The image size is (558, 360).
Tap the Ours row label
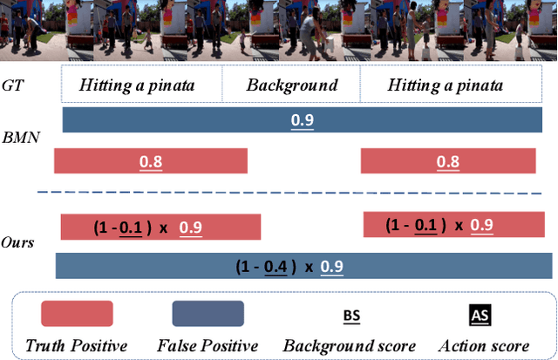[x=18, y=240]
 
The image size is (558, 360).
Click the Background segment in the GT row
[x=291, y=85]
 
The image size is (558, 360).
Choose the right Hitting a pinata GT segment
[x=445, y=85]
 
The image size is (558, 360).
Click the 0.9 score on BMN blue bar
[x=303, y=119]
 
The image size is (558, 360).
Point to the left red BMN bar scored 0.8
[x=151, y=161]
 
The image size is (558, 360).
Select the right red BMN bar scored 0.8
[x=448, y=161]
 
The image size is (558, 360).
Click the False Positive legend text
[x=208, y=346]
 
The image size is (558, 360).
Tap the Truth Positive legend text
[x=76, y=346]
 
